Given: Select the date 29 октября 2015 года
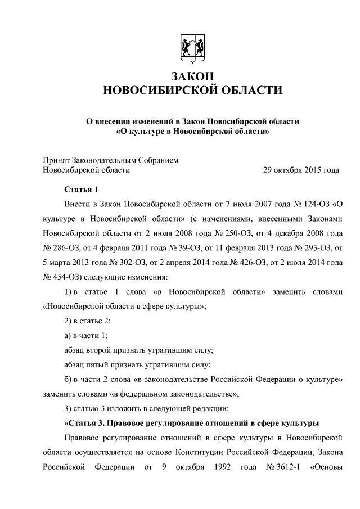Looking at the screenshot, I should [301, 169].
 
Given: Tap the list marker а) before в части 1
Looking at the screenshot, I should [68, 335].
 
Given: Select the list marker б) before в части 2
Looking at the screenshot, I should [68, 379].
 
